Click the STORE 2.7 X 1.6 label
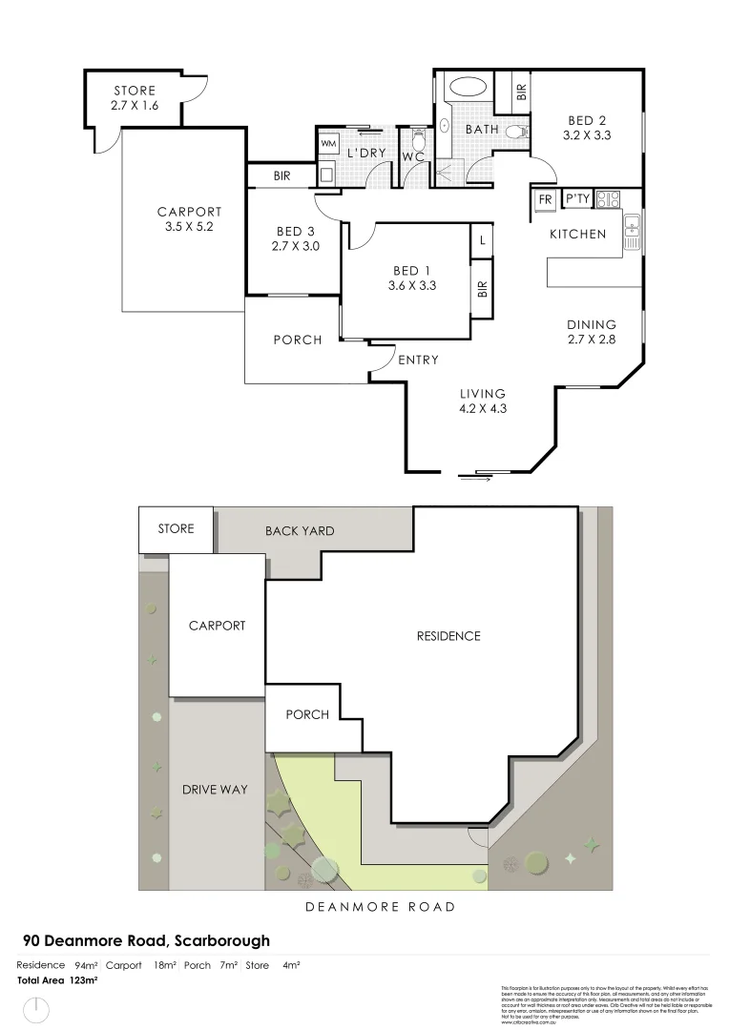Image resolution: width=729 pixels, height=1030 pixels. pos(135,98)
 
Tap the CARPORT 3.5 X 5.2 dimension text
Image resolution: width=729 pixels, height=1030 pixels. pos(189,220)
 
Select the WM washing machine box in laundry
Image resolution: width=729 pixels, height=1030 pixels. pos(328,143)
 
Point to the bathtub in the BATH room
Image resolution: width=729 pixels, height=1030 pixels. pos(468,89)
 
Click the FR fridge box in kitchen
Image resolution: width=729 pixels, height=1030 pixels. pos(545,199)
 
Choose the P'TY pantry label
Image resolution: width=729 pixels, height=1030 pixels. pos(578,199)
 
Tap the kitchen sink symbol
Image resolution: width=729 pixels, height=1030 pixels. pos(632,230)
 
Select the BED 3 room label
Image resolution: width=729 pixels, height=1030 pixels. pos(296,238)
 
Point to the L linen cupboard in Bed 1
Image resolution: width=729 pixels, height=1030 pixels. pos(483,240)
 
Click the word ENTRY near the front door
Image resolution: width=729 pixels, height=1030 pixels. pos(418,360)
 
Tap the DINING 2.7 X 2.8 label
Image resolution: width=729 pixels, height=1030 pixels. pos(592,332)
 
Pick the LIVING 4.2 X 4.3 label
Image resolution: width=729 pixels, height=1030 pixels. pos(482,402)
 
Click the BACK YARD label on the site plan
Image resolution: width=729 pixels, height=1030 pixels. pos(300,530)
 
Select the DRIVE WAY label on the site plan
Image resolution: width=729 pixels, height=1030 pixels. pos(215,790)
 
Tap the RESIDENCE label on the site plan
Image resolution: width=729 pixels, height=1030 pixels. pos(448,636)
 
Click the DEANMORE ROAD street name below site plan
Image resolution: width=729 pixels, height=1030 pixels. pos(380,907)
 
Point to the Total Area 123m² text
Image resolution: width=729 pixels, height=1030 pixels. pos(58,979)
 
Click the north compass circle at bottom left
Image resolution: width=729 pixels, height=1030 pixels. pos(36,1008)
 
